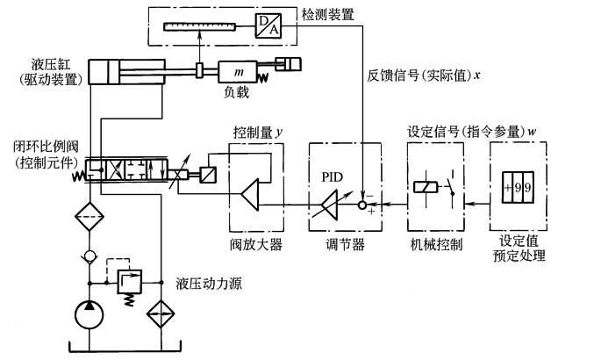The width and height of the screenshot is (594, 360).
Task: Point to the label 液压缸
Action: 49,65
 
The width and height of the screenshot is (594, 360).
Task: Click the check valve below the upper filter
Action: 89,257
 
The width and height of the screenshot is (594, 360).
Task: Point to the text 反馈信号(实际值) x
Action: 425,76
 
